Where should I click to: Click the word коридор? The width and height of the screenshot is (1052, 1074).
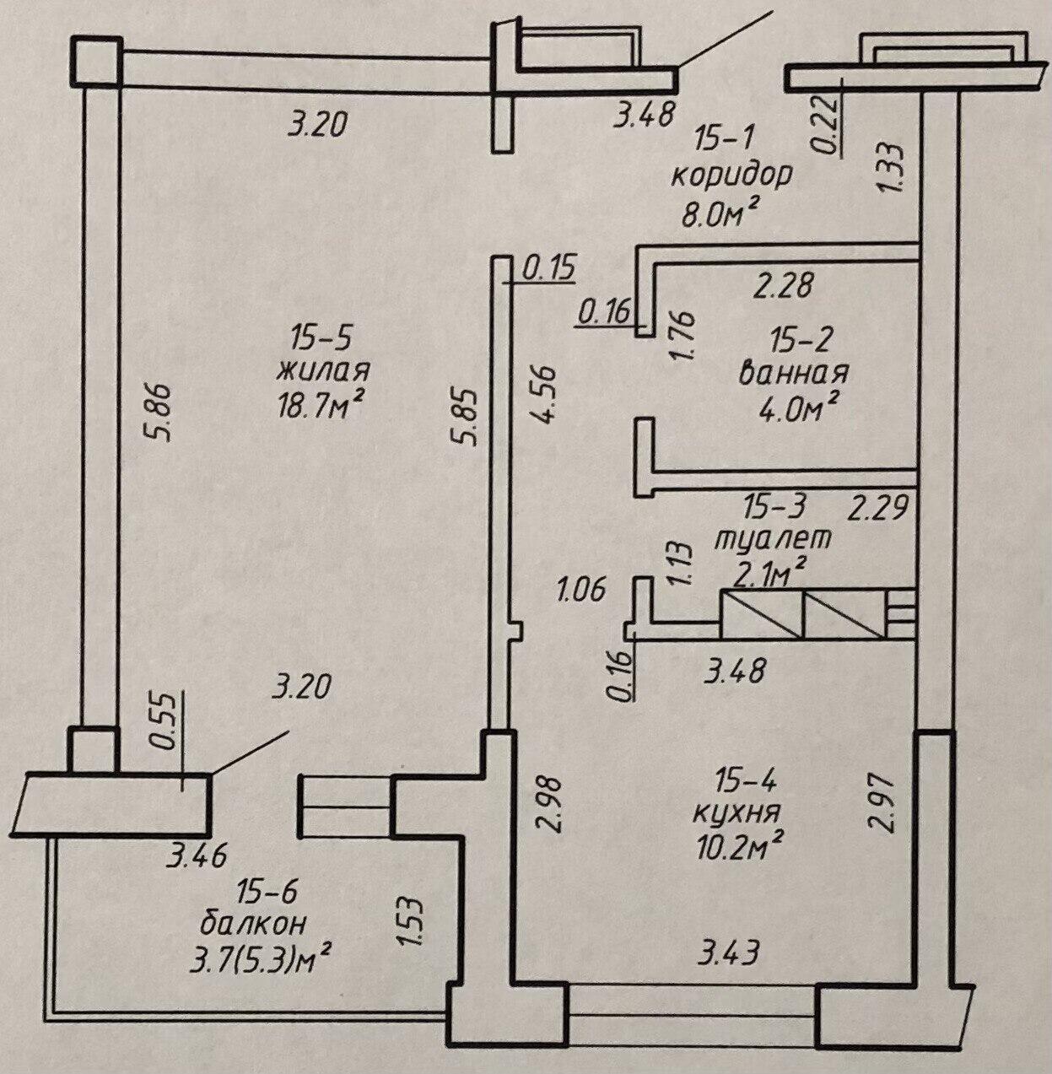point(731,176)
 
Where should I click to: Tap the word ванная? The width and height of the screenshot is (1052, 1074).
point(793,374)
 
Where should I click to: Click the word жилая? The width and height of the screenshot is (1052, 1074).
point(324,370)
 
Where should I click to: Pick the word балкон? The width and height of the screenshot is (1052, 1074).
point(254,924)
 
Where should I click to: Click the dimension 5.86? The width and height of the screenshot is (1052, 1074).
point(159,412)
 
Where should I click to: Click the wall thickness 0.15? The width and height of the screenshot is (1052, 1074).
point(548,269)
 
